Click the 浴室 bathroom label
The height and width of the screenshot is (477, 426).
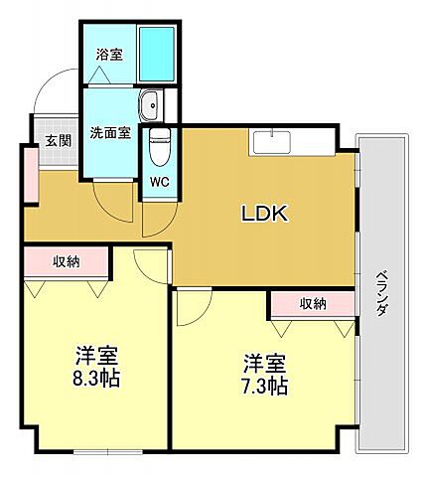tap(109, 55)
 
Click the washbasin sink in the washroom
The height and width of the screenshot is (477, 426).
tap(152, 103)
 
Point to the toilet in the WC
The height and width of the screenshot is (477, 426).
tap(159, 152)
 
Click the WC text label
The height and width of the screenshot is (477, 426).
tap(159, 183)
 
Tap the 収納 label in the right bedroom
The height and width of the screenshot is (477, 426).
tap(312, 304)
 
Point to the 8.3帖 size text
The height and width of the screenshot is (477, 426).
tap(96, 379)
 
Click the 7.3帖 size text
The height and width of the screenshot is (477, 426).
tap(265, 385)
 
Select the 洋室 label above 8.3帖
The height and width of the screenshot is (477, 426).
tap(97, 356)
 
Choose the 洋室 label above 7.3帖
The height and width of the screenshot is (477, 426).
tap(265, 362)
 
